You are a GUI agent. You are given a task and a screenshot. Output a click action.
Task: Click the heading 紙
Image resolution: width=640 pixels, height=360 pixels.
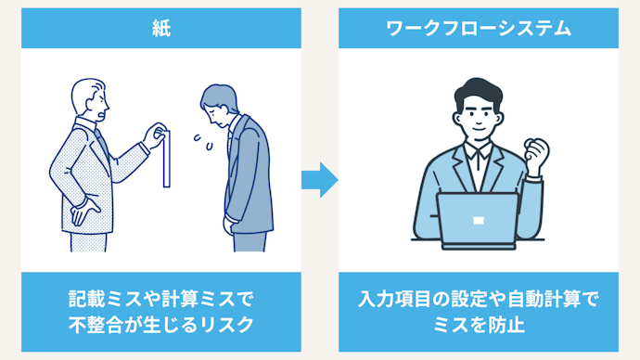click(161, 29)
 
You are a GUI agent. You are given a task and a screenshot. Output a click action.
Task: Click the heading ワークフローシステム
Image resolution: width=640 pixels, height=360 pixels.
click(479, 29)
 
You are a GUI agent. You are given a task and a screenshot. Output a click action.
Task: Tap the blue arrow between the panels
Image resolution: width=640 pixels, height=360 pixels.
click(320, 180)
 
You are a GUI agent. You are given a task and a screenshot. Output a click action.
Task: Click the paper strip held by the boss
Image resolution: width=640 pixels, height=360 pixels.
click(167, 159)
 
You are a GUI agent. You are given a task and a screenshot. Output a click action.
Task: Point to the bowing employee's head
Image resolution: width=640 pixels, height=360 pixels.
click(219, 105)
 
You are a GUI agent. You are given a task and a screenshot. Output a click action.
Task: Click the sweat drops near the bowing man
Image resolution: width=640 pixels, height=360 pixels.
click(203, 142)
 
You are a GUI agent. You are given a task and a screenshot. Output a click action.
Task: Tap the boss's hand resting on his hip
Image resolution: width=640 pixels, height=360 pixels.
click(84, 211)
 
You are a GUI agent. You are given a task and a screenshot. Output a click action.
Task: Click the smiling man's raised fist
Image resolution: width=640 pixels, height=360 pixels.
click(536, 156)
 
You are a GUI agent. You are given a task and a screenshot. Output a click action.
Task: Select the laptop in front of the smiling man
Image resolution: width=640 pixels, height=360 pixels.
click(478, 221)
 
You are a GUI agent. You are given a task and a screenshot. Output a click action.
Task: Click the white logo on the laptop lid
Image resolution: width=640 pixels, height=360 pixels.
click(479, 221)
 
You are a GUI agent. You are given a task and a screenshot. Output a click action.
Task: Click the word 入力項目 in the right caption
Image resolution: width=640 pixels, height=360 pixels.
click(394, 299)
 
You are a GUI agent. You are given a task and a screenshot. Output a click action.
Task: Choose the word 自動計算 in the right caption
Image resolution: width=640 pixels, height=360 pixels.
click(544, 299)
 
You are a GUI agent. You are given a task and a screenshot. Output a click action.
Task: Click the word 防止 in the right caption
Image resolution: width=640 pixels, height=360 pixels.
click(506, 326)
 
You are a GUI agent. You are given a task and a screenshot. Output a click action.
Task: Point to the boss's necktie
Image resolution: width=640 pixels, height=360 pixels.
click(102, 144)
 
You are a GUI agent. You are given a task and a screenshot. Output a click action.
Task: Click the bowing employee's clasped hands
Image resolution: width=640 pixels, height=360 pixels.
click(228, 225)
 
